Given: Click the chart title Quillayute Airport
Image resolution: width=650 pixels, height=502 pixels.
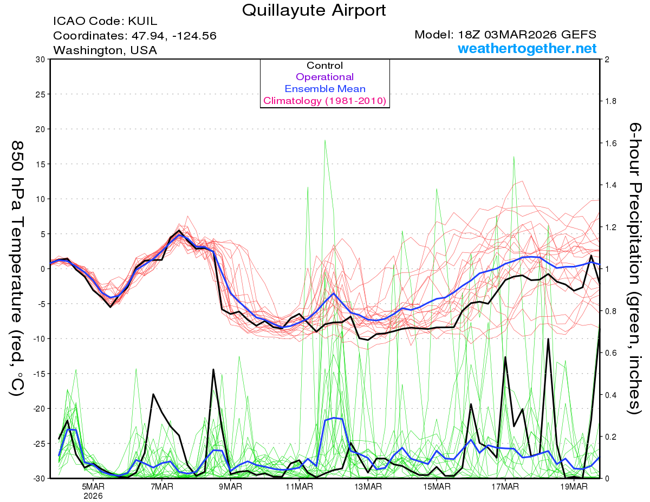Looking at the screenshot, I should click(x=314, y=10).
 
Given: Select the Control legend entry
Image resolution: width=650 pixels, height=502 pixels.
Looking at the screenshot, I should click(x=325, y=66).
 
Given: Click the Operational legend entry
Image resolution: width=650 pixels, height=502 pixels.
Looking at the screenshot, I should click(x=325, y=77).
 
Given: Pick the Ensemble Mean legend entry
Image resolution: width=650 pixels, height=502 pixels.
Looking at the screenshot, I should click(x=325, y=89).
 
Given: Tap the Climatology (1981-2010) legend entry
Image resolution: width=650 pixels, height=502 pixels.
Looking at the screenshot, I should click(x=325, y=101).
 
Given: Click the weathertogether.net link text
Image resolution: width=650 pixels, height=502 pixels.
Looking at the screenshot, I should click(x=527, y=49).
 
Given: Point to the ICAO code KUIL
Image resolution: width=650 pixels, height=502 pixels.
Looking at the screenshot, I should click(x=105, y=22).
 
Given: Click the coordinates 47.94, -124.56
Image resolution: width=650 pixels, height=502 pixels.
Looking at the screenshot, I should click(x=135, y=36).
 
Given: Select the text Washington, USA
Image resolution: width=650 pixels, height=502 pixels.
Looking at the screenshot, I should click(x=105, y=50).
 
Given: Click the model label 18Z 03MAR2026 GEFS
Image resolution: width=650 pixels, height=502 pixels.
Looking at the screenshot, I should click(x=505, y=35).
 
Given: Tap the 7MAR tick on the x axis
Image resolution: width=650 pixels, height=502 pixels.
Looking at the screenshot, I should click(x=162, y=486).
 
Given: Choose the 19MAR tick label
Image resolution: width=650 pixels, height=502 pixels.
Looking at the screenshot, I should click(x=574, y=486).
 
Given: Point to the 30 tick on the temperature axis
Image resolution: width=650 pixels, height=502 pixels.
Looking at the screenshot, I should click(x=40, y=59).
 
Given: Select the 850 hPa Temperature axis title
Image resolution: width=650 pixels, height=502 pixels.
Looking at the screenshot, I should click(x=17, y=268).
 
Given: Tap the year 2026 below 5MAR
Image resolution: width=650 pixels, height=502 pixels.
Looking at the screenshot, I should click(x=94, y=496).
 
